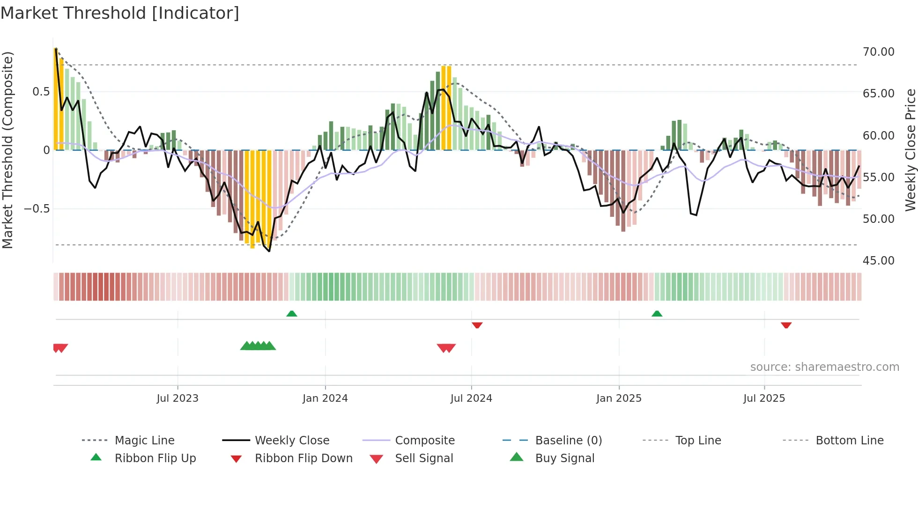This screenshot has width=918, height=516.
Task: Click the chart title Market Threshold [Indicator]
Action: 120,13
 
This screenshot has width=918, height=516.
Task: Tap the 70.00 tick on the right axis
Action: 878,52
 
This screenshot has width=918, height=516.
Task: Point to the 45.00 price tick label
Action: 878,261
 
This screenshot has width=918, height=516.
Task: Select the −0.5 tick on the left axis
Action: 37,209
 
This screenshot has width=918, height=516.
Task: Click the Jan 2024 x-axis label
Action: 325,398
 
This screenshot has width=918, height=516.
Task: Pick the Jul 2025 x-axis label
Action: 764,398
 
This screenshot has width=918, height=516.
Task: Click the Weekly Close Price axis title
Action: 910,150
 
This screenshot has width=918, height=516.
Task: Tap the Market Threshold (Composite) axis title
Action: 7,150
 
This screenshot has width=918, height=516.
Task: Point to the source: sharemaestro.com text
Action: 824,367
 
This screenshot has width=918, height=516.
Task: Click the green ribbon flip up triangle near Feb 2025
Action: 657,314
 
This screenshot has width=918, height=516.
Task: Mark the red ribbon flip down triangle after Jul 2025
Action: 786,325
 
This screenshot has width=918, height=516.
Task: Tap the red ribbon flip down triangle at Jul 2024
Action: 477,325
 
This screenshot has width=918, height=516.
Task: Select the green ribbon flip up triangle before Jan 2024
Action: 292,314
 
